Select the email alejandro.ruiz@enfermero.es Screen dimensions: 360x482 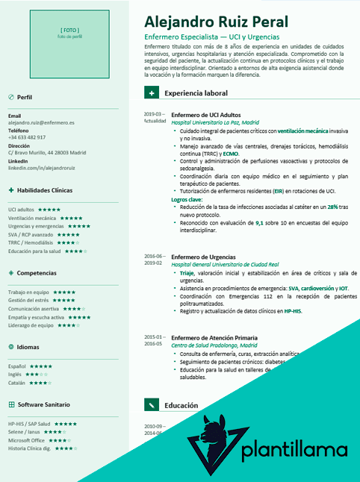(41, 122)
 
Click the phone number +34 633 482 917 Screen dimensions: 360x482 (27, 137)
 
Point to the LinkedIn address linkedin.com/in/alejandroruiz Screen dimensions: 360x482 (41, 169)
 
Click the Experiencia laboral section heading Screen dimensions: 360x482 (196, 93)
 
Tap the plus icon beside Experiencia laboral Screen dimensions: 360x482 (152, 93)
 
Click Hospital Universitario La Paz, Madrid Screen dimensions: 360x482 (215, 122)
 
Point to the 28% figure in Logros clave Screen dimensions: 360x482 (333, 207)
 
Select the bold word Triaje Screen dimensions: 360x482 (187, 273)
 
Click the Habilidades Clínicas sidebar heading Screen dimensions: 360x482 (46, 190)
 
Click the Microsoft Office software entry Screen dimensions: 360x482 (27, 440)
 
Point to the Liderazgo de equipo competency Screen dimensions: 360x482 (31, 325)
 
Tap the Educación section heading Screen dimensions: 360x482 (181, 405)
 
